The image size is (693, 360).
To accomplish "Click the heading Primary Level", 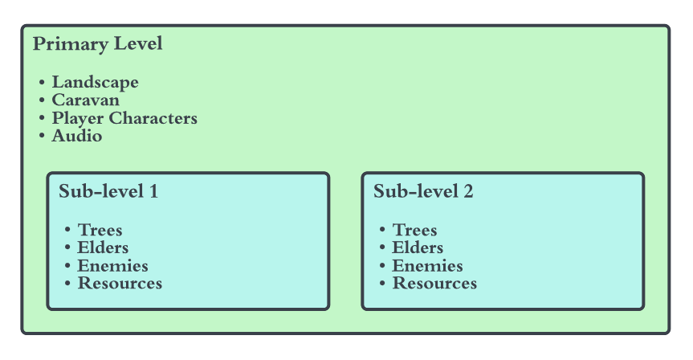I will point(97,44).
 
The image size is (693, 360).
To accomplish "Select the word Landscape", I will point(95,83).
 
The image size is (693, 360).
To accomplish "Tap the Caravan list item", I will point(85,100).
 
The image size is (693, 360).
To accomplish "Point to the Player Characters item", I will point(124,119).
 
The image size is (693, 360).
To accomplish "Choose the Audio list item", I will point(76,137).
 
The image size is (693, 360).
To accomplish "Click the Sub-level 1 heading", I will point(108,192).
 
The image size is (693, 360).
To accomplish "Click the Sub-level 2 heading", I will point(423,192).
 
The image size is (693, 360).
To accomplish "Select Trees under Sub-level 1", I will point(100,231).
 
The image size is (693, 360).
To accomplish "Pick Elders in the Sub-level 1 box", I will point(103,248).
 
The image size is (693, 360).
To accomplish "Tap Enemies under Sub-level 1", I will point(112,266).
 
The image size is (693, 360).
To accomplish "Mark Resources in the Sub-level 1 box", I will point(120,284).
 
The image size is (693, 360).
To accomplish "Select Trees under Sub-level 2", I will point(414,231).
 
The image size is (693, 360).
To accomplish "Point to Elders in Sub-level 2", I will point(418,248).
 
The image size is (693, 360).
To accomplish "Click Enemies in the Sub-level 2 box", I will point(427,266).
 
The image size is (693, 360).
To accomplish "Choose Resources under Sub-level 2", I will point(434,284).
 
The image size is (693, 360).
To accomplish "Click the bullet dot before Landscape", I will point(41,83).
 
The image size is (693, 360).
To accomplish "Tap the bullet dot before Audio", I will point(41,137).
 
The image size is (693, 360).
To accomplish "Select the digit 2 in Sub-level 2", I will point(468,192).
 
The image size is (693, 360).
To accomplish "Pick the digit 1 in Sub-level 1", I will point(153,192).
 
